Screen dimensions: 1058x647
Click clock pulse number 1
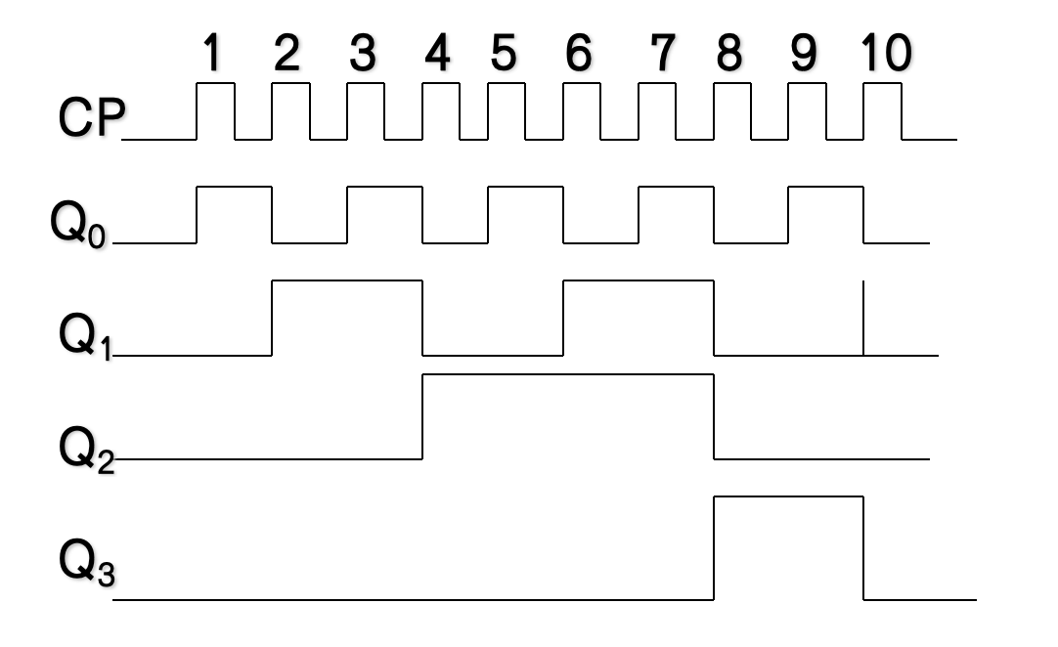pos(210,55)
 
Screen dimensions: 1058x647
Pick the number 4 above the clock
pos(437,55)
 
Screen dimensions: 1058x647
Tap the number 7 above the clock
pos(663,55)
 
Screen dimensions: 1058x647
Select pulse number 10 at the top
pos(886,55)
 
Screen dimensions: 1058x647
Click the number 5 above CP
pos(503,55)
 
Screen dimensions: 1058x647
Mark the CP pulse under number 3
pos(366,110)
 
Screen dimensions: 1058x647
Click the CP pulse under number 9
pos(807,110)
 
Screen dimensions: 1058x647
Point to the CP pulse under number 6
pos(582,110)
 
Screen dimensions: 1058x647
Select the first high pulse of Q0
pos(235,214)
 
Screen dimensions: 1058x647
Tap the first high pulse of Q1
pos(346,318)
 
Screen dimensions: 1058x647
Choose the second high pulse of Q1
pos(639,318)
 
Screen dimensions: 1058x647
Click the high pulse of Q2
pos(568,415)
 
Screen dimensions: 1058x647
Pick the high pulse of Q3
pos(789,547)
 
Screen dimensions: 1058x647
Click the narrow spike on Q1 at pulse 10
pos(863,318)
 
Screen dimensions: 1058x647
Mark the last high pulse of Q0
pos(825,214)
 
